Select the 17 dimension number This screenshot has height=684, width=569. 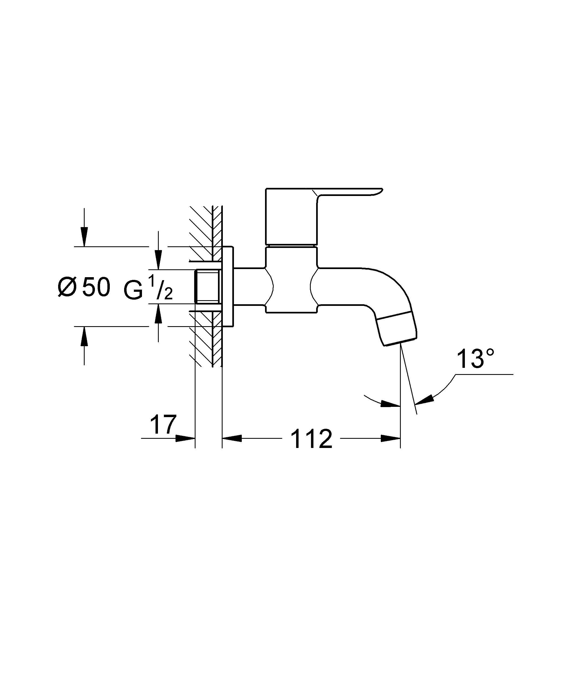(163, 424)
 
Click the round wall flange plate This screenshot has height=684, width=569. (228, 287)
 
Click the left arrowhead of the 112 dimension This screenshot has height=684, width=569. (232, 438)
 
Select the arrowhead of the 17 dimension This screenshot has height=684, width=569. (185, 438)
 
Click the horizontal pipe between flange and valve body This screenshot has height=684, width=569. (249, 287)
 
